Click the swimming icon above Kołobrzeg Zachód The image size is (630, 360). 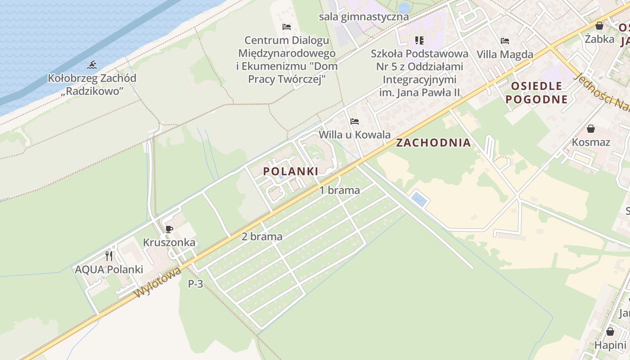92,65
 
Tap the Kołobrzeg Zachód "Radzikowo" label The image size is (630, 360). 92,85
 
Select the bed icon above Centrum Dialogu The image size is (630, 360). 287,27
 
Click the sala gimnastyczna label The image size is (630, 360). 364,17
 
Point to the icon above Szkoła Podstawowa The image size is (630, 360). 419,40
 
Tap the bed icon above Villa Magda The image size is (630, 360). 505,41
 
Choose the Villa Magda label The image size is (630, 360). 505,54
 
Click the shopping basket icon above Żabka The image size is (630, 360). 599,26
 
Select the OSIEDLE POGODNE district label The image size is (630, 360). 536,93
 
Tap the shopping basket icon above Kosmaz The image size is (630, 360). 591,129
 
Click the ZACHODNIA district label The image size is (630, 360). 433,143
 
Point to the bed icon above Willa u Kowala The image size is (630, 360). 355,121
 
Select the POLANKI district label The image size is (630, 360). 291,171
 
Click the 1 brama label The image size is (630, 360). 340,190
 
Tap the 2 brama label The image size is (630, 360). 262,237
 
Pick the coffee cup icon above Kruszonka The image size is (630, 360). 169,229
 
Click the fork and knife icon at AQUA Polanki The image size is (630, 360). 109,256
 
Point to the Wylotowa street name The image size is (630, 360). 157,282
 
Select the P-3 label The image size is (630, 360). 195,284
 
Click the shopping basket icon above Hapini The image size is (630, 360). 610,332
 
